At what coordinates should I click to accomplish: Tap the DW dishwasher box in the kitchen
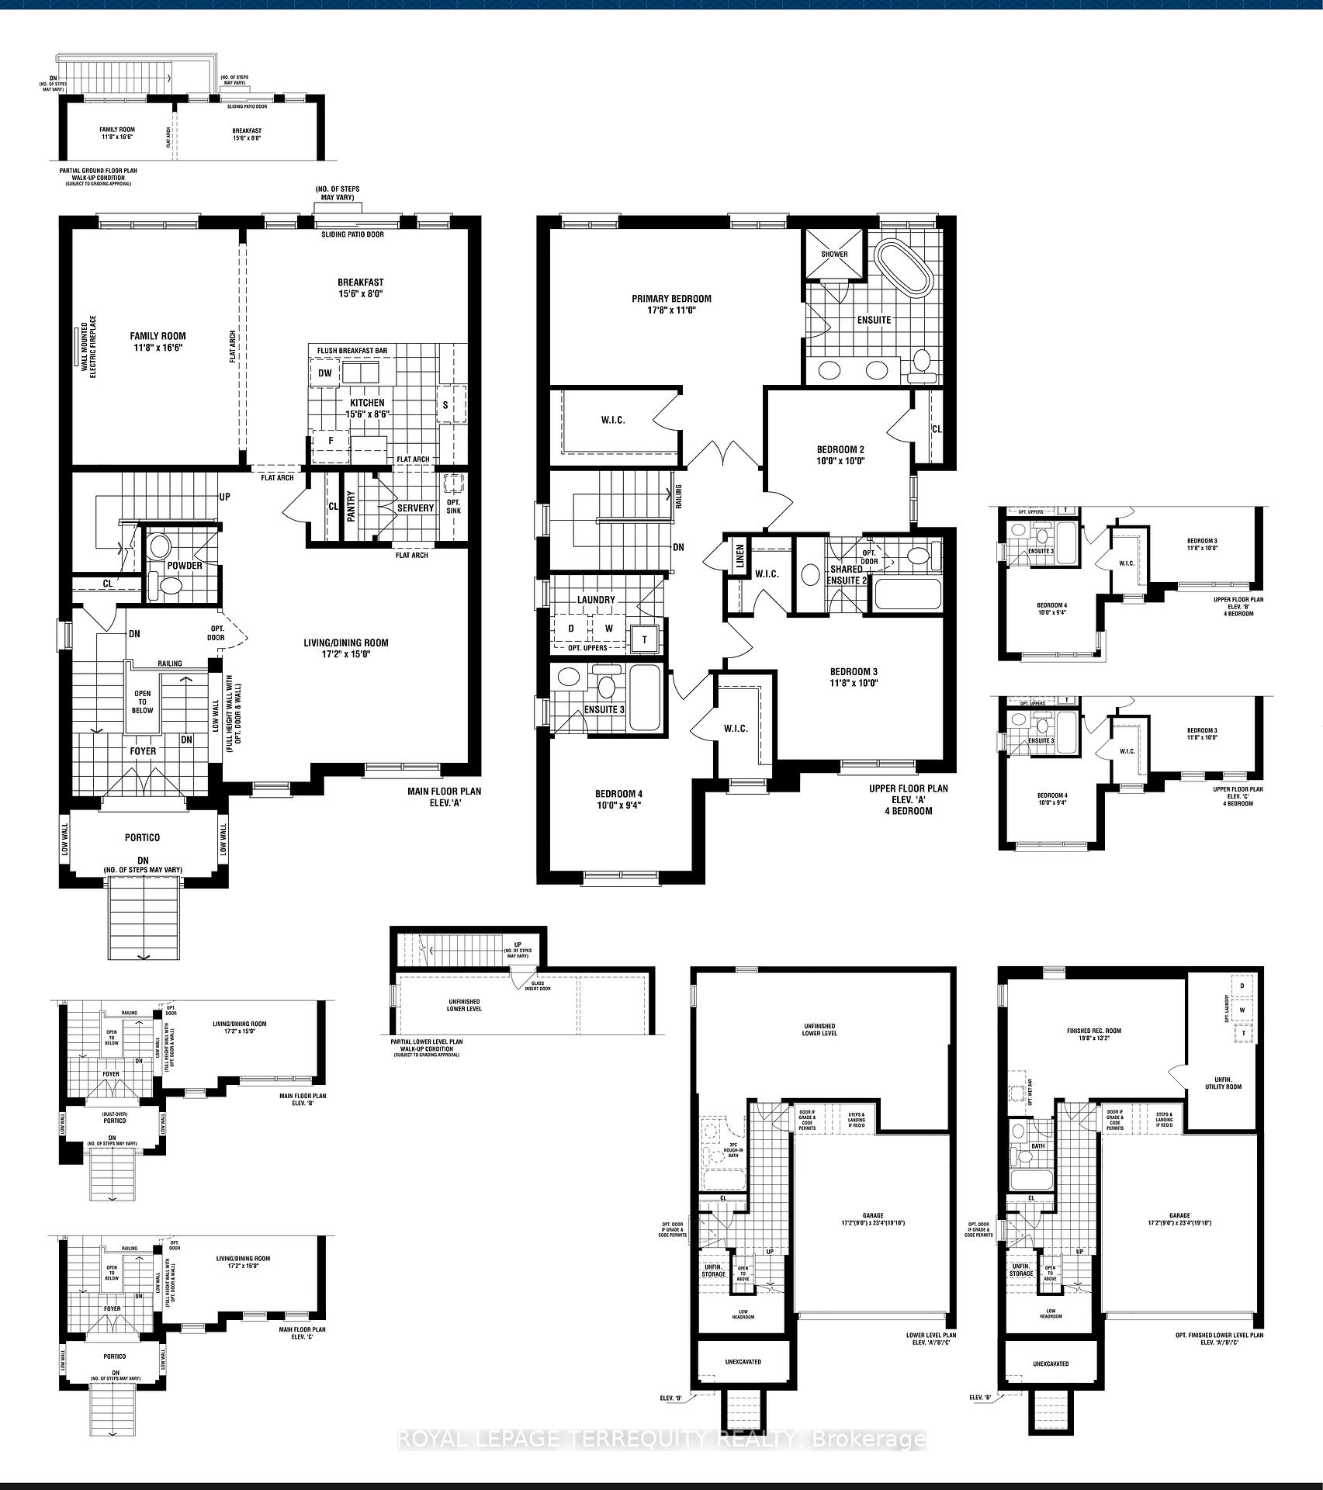click(325, 374)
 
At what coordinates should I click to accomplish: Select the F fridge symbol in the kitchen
click(331, 441)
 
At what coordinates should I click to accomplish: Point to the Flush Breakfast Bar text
click(352, 351)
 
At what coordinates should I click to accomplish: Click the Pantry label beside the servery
click(351, 506)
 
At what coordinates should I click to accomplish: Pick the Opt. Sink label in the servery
click(453, 506)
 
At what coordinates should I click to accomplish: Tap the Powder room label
click(185, 565)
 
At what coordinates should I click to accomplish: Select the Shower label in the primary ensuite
click(834, 255)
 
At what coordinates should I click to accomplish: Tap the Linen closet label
click(739, 556)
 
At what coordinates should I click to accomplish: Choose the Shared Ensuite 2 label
click(846, 574)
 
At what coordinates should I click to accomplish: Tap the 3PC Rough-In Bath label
click(732, 1150)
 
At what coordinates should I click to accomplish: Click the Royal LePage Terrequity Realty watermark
click(661, 1440)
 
